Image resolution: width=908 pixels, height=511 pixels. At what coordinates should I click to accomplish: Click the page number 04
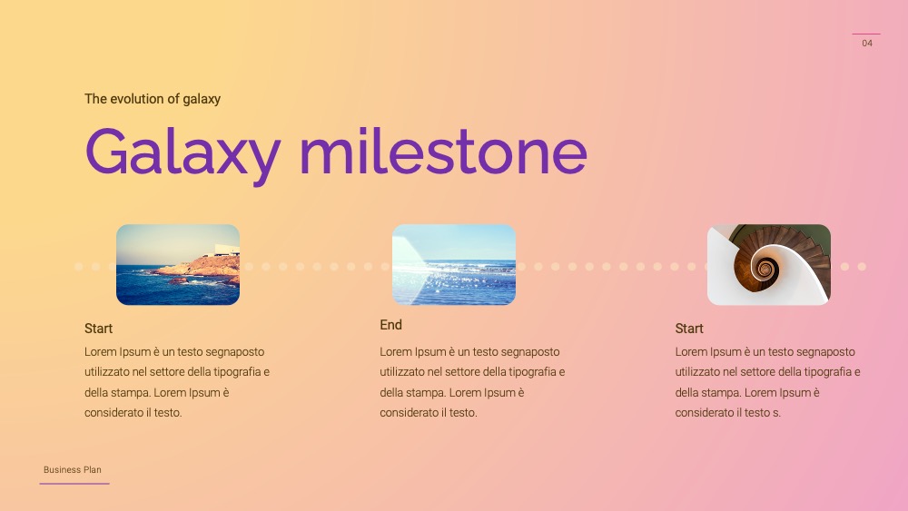click(x=867, y=43)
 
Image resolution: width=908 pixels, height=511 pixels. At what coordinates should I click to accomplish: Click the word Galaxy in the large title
click(x=183, y=153)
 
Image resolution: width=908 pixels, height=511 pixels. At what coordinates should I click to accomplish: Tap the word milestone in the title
click(x=443, y=151)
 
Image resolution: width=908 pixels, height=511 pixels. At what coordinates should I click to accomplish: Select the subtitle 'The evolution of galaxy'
click(x=153, y=99)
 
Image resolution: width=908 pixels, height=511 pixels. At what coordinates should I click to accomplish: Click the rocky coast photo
click(x=178, y=264)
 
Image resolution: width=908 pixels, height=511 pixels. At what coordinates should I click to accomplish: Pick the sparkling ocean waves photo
click(x=454, y=264)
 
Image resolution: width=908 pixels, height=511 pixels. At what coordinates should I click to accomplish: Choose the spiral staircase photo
click(x=769, y=264)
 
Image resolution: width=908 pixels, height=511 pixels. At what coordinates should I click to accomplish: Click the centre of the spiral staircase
click(x=765, y=269)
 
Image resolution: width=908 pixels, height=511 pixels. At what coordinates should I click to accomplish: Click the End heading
click(x=390, y=325)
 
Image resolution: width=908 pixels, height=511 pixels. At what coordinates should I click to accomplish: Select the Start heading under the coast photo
click(x=98, y=329)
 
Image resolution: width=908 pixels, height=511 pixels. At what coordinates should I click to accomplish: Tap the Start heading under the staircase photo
click(x=689, y=329)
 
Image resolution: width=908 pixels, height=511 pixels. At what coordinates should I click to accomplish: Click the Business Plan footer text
click(x=73, y=470)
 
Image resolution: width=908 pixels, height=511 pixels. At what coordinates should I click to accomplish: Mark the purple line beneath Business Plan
click(x=74, y=483)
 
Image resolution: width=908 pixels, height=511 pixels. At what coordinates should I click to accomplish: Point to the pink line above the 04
click(x=866, y=34)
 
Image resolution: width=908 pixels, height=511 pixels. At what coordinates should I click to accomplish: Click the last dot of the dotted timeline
click(x=862, y=267)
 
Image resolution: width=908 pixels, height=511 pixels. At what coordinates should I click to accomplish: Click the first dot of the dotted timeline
click(x=79, y=267)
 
